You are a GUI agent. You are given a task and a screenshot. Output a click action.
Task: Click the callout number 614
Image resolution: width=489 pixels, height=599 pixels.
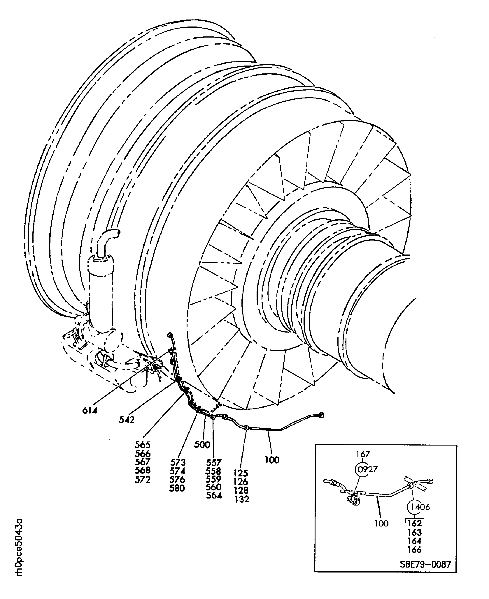[90, 411]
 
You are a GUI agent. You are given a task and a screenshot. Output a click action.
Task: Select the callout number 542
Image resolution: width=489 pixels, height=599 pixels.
[127, 420]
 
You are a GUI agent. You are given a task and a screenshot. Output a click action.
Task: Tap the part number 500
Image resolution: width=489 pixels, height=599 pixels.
[202, 445]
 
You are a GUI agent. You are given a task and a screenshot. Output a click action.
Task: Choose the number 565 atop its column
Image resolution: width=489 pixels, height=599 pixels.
[143, 445]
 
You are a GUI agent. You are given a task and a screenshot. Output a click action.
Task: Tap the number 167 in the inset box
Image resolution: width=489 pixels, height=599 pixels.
[363, 454]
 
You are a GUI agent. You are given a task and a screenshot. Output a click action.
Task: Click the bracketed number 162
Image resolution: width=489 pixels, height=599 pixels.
[414, 523]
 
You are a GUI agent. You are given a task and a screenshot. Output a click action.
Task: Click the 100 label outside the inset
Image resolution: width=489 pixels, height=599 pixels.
[272, 460]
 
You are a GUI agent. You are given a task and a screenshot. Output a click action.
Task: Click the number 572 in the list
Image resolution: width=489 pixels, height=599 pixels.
[143, 479]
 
